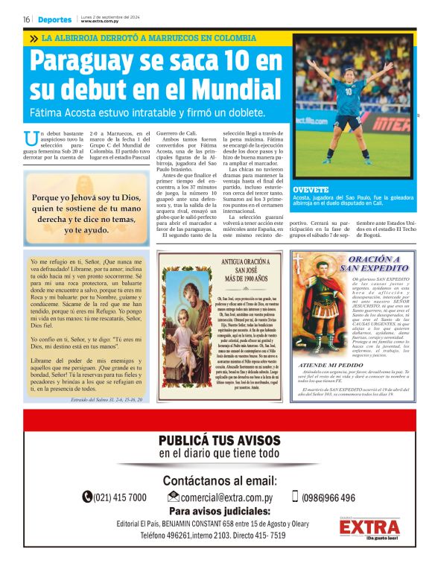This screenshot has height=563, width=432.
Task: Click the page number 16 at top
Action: pos(26,19)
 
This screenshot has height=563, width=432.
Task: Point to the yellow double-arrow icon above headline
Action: pos(34,38)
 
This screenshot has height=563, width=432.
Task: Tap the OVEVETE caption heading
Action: pos(311,190)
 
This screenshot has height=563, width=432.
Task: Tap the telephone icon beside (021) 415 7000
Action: pos(87,497)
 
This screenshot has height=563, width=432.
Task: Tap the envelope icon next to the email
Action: pos(174,497)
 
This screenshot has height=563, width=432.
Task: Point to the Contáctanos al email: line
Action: pos(220,480)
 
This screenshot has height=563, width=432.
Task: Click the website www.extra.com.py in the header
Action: pos(100,22)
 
